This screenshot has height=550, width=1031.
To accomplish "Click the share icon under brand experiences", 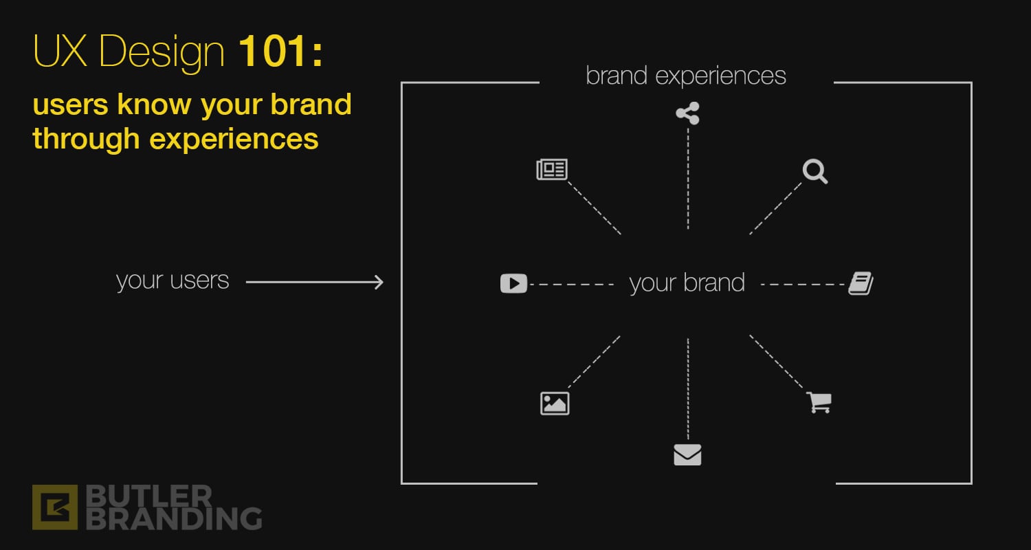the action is click(687, 113).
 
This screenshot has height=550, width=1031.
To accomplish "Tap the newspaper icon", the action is click(552, 169).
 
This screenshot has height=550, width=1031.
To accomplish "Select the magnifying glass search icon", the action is click(815, 172).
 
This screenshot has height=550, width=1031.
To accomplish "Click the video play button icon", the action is click(513, 283).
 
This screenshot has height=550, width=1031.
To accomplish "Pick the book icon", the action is click(861, 283).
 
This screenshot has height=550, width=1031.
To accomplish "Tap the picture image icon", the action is click(555, 404).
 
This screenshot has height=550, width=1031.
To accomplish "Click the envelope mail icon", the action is click(687, 454).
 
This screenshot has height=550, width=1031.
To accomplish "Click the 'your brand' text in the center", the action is click(687, 283).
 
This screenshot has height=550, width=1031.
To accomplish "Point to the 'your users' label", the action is click(173, 280).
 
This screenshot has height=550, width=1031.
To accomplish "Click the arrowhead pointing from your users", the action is click(379, 282).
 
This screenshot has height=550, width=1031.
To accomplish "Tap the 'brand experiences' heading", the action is click(686, 76).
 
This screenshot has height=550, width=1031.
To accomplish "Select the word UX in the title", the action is click(60, 51).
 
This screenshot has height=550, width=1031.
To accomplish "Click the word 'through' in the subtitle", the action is click(86, 139).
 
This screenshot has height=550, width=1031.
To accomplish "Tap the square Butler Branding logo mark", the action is click(55, 507).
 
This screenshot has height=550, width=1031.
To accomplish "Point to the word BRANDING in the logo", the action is click(174, 518).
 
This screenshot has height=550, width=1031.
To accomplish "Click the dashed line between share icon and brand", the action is click(688, 179).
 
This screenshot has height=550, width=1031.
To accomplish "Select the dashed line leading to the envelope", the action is click(688, 389).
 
